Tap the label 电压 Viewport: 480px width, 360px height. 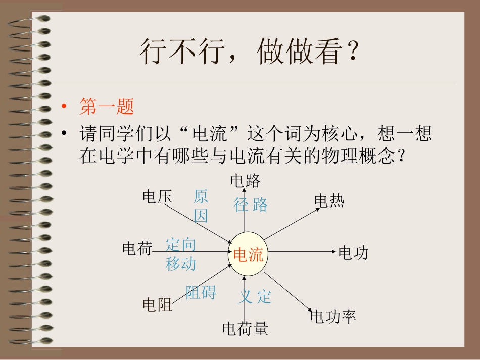[x=157, y=197]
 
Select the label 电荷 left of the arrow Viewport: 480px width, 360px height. [x=137, y=248]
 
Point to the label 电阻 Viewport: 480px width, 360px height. [x=157, y=304]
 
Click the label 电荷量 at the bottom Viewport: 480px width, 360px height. [x=245, y=329]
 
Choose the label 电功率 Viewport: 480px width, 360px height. [x=333, y=317]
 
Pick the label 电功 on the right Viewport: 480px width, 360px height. [x=353, y=252]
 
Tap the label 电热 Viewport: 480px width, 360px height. [x=329, y=201]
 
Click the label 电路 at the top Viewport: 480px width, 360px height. [x=245, y=180]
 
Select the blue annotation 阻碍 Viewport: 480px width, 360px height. [x=201, y=292]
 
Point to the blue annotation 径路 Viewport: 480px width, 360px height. [x=251, y=205]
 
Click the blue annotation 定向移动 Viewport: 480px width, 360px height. [x=180, y=254]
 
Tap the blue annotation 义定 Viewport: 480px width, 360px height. [x=255, y=297]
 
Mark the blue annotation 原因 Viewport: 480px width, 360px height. [x=201, y=206]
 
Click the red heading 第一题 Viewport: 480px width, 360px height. [x=107, y=107]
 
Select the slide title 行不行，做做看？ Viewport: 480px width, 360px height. [x=250, y=52]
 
